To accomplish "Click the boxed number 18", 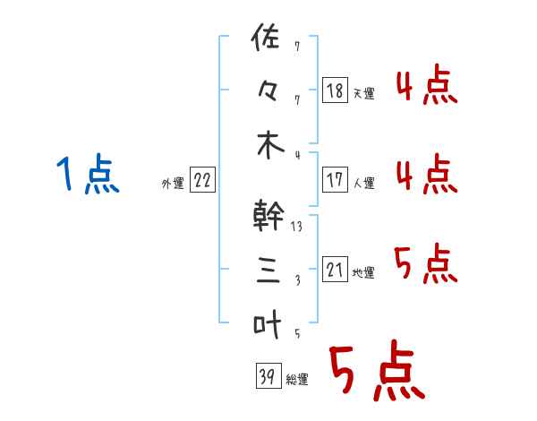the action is pyautogui.click(x=335, y=90).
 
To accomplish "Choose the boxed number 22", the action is pyautogui.click(x=201, y=181).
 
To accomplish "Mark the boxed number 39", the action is pyautogui.click(x=266, y=377).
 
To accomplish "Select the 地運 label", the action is pyautogui.click(x=363, y=273).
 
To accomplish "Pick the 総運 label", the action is pyautogui.click(x=297, y=380).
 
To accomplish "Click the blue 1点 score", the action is pyautogui.click(x=87, y=174).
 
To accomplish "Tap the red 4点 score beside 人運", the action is pyautogui.click(x=425, y=174).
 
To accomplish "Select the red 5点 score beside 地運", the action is pyautogui.click(x=425, y=264).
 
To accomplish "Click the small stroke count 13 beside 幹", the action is pyautogui.click(x=296, y=228).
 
